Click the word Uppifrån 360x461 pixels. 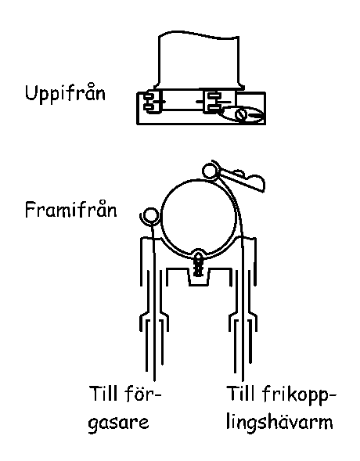pyautogui.click(x=65, y=93)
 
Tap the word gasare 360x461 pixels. pyautogui.click(x=118, y=423)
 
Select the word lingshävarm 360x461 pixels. pyautogui.click(x=279, y=423)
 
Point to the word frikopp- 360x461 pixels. pyautogui.click(x=299, y=395)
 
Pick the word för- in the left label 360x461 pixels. pyautogui.click(x=142, y=394)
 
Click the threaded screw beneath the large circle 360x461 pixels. pyautogui.click(x=199, y=265)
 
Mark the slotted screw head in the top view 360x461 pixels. pyautogui.click(x=241, y=114)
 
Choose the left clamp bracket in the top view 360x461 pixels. pyautogui.click(x=153, y=102)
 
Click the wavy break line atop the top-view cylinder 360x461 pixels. pyautogui.click(x=199, y=34)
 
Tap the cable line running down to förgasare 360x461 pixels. pyautogui.click(x=153, y=300)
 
